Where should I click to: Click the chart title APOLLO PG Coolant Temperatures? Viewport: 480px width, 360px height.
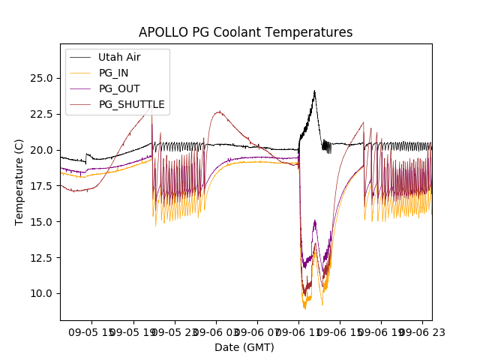click(x=245, y=32)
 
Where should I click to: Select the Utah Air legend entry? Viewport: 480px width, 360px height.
click(x=119, y=57)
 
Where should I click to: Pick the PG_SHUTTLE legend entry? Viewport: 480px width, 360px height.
click(x=131, y=104)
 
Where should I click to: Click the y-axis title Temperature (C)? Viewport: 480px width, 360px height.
click(x=19, y=182)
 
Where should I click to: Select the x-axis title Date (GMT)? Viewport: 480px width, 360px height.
click(x=244, y=347)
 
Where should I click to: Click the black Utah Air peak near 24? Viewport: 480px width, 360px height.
click(x=314, y=91)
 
